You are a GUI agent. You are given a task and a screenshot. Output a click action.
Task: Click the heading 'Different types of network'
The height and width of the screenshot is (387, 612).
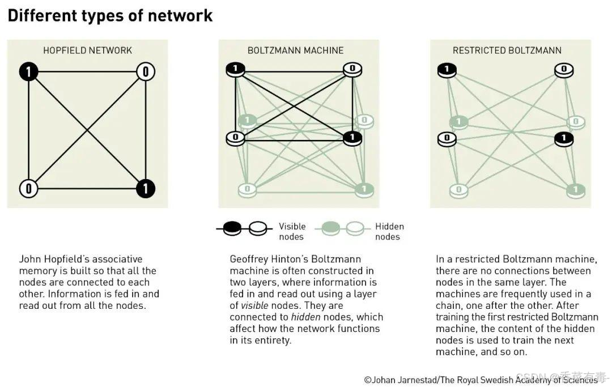coord(110,15)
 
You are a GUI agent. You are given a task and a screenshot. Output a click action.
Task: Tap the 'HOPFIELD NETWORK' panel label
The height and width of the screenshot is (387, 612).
coord(87,50)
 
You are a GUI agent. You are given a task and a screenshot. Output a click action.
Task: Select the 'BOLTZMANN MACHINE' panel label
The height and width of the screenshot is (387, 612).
coord(295,50)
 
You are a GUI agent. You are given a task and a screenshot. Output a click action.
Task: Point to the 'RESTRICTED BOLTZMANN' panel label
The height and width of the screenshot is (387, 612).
coord(507,50)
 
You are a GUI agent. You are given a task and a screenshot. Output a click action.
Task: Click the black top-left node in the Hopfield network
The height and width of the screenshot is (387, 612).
coord(29,72)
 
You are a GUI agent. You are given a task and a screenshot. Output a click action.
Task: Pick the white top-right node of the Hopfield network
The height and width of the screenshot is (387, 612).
coord(146,72)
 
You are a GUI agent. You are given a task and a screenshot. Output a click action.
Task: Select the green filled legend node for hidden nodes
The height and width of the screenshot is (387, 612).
coord(331,228)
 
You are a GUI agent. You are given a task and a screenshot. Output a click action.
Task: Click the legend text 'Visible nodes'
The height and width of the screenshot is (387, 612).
coord(292,232)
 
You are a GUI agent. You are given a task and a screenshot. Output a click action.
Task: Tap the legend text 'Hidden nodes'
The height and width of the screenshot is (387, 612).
coord(389,232)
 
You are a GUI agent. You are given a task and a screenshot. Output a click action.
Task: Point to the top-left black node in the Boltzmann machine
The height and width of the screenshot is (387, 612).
coord(235,70)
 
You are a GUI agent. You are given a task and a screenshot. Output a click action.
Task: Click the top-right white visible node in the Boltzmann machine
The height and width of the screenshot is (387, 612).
coord(352,70)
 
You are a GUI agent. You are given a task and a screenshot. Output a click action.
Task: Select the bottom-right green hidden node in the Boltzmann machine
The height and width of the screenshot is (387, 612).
coord(364,189)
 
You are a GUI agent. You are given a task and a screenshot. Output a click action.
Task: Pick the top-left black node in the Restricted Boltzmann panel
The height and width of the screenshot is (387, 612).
coord(447,70)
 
